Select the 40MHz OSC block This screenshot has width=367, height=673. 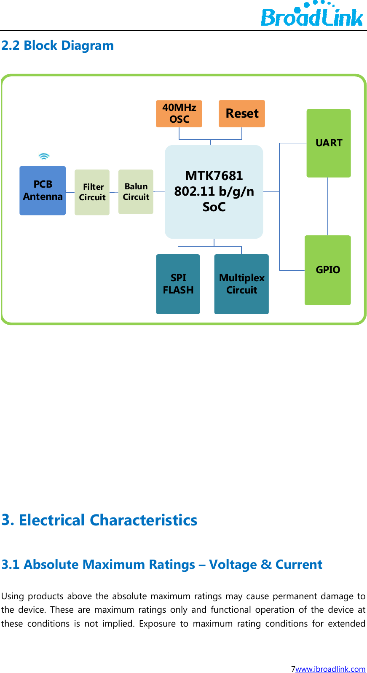[179, 113]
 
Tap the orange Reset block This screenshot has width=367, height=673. [242, 113]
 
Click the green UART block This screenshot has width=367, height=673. [329, 143]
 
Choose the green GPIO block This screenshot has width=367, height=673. [328, 270]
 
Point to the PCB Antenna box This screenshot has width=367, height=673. [43, 191]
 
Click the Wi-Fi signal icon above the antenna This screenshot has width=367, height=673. [44, 156]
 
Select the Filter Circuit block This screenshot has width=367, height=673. [92, 192]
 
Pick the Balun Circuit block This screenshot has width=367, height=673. [136, 192]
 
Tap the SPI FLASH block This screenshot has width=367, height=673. [178, 284]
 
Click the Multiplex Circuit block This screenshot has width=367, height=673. [241, 284]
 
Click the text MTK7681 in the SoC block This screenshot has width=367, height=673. [214, 175]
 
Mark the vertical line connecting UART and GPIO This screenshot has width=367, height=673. [328, 207]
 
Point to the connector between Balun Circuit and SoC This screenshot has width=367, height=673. [159, 191]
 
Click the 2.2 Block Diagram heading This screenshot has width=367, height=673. [58, 46]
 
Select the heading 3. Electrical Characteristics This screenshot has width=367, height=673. [99, 520]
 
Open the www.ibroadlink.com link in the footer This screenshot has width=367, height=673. [330, 668]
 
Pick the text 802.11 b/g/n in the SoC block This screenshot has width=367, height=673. [214, 191]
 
